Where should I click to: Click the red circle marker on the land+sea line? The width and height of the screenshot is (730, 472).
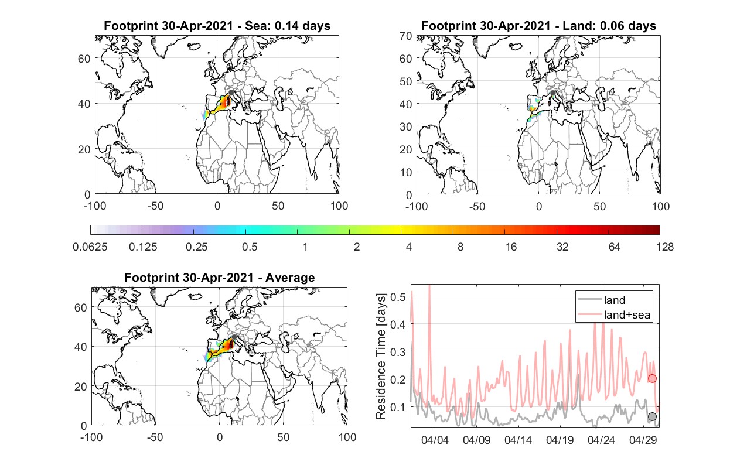point(652,378)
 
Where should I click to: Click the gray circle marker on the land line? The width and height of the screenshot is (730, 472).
point(652,416)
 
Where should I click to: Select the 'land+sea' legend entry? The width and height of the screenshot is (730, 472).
point(614,314)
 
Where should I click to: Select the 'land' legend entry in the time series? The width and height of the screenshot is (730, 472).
point(602,300)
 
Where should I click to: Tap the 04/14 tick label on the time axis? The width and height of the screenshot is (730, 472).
point(518,440)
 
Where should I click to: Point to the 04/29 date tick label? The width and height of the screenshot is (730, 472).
point(643,440)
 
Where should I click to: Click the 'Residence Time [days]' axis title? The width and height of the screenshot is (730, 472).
point(381,356)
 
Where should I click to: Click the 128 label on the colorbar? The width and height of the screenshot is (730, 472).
point(665,247)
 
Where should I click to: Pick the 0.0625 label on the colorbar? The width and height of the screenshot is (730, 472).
point(90,247)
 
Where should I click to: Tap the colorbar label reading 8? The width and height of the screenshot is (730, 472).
point(460,247)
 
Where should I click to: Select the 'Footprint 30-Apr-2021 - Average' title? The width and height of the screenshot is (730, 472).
point(220,278)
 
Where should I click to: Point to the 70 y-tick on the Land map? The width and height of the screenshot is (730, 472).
point(406,36)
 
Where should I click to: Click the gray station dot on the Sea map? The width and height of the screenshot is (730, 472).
point(231,93)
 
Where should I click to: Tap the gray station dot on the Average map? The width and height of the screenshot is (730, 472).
point(234,337)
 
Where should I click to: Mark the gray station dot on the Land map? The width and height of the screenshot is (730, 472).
point(552,93)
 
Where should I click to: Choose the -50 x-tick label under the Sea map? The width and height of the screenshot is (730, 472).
point(155,206)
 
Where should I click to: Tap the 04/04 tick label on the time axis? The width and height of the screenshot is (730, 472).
point(435,440)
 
